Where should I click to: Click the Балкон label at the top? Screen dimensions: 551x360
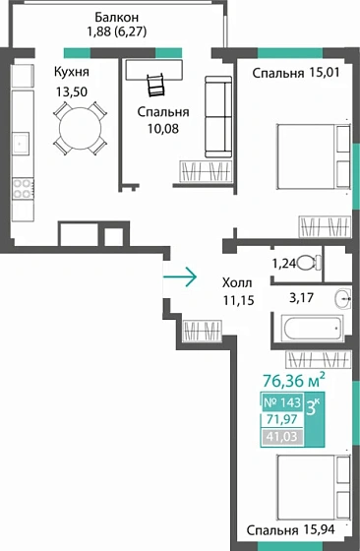(x=117, y=18)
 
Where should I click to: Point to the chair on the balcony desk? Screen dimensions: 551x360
(x=154, y=84)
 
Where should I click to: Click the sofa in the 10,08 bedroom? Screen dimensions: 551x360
(x=216, y=116)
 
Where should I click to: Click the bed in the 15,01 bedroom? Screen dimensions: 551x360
(x=311, y=156)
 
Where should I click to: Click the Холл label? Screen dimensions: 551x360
(x=237, y=281)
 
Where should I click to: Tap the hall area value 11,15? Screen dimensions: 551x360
(x=237, y=300)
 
